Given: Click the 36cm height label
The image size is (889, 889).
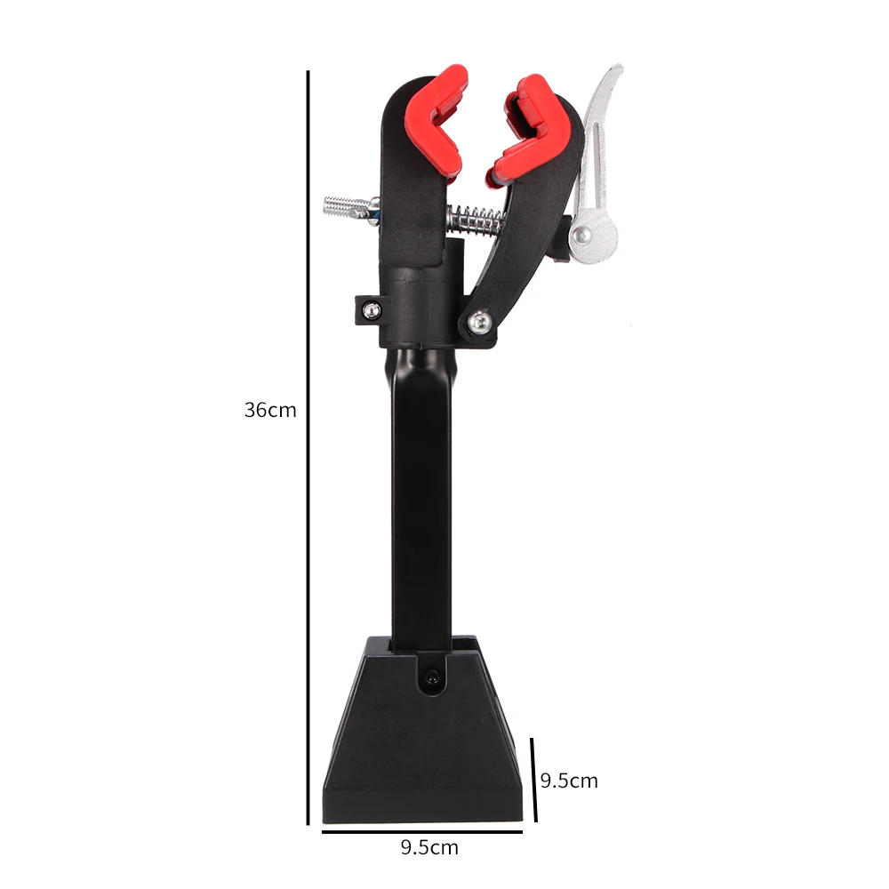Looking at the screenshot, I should [270, 411].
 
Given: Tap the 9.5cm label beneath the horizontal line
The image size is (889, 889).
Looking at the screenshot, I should [428, 847].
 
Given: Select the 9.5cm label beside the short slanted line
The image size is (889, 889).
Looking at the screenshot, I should [569, 781].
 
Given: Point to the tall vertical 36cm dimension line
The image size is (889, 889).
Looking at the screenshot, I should [308, 444].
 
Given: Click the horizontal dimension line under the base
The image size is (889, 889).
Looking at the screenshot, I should [421, 832].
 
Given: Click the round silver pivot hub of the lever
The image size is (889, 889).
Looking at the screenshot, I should [584, 235].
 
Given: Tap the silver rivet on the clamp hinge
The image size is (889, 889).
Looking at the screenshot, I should [480, 321].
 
